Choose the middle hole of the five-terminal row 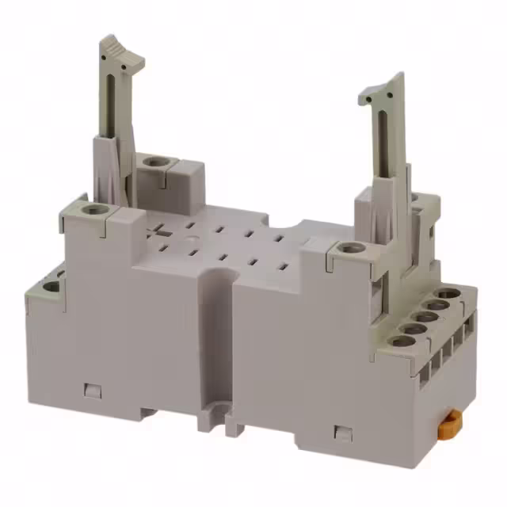coord(425,317)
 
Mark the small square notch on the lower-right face coord(342,432)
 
